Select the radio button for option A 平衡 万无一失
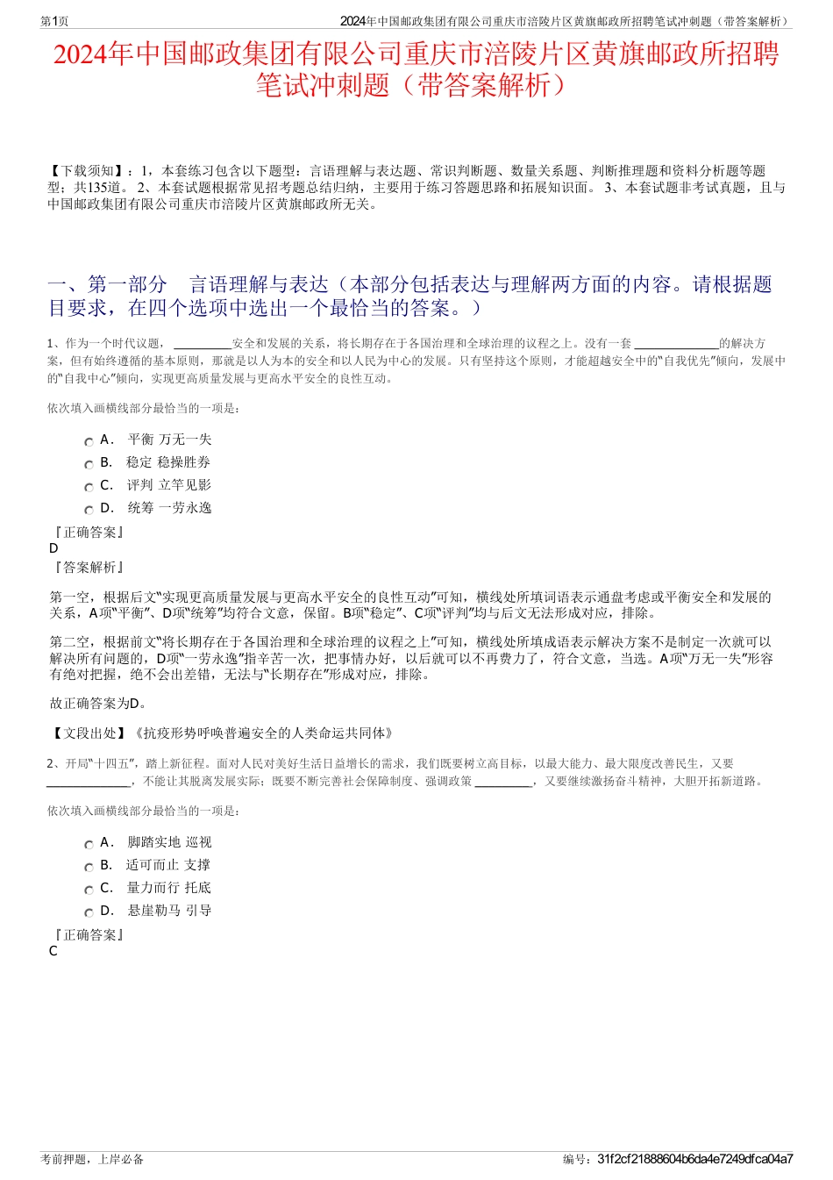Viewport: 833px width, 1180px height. pos(89,442)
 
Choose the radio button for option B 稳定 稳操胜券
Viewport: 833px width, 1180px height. pos(89,465)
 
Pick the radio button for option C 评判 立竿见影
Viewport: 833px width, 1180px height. pos(89,488)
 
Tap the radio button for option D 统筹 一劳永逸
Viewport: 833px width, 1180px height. pos(89,511)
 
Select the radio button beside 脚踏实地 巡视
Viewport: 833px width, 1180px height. pos(89,845)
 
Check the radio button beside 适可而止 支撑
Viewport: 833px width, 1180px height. pos(89,868)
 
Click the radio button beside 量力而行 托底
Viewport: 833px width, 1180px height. pos(89,890)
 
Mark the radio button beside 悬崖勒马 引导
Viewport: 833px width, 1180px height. pos(89,913)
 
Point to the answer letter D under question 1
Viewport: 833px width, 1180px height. pos(54,548)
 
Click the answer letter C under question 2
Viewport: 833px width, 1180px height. pos(53,951)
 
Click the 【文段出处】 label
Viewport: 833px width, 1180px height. pos(88,733)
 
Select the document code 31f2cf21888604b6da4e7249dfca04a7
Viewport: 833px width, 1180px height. pos(694,1159)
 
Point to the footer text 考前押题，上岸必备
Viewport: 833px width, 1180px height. pos(92,1159)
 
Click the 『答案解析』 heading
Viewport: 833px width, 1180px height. pos(88,568)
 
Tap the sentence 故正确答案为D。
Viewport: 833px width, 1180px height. pos(98,704)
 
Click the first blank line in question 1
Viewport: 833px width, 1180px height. pos(203,345)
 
